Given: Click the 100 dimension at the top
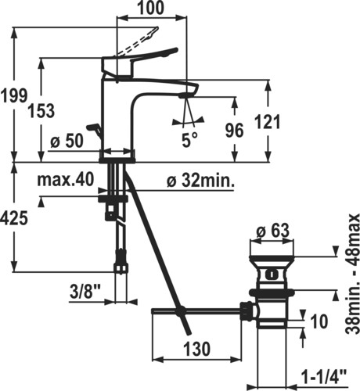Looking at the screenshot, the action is pyautogui.click(x=150, y=8).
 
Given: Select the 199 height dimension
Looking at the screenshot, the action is pyautogui.click(x=14, y=95).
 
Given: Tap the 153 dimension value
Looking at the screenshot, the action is pyautogui.click(x=41, y=110).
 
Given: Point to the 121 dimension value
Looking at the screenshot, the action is pyautogui.click(x=268, y=121).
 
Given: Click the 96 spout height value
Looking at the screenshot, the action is pyautogui.click(x=234, y=131).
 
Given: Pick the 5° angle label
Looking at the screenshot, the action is pyautogui.click(x=189, y=140).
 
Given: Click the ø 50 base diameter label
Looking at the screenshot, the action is pyautogui.click(x=67, y=141).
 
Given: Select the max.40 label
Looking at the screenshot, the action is pyautogui.click(x=66, y=180).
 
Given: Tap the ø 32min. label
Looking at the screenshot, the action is pyautogui.click(x=200, y=180).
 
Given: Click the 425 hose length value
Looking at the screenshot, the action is pyautogui.click(x=14, y=218).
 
